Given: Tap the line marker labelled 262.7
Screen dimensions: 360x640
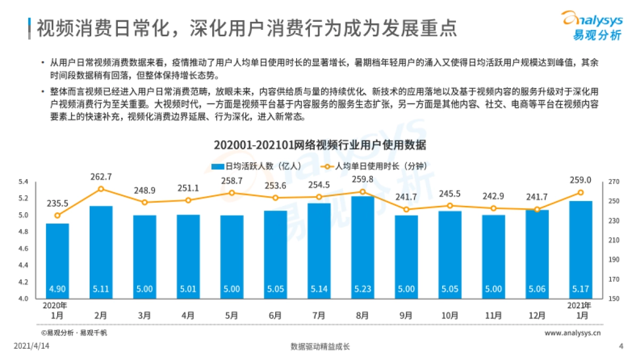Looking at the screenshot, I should pyautogui.click(x=101, y=189).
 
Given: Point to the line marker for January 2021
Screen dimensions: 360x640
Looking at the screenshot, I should pyautogui.click(x=581, y=193).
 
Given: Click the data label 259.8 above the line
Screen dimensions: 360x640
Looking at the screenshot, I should pyautogui.click(x=363, y=179).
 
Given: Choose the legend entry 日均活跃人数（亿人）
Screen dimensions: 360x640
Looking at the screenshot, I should pyautogui.click(x=257, y=166).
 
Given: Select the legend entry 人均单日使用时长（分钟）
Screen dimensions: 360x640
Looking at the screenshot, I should pyautogui.click(x=373, y=166).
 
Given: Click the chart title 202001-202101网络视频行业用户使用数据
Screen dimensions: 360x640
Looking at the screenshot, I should pyautogui.click(x=320, y=145).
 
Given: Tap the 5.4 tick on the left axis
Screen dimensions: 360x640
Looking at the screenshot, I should pyautogui.click(x=23, y=182).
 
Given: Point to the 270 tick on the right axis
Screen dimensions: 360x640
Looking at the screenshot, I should pyautogui.click(x=613, y=182).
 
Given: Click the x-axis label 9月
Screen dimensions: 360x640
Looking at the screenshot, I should pyautogui.click(x=406, y=316).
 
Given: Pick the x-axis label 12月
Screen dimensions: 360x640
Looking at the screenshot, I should pyautogui.click(x=537, y=316).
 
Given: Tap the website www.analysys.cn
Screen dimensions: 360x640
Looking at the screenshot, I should pyautogui.click(x=573, y=333).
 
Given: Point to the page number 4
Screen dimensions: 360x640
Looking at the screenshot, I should pyautogui.click(x=621, y=347).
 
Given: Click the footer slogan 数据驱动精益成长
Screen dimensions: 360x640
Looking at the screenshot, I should pyautogui.click(x=320, y=347).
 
